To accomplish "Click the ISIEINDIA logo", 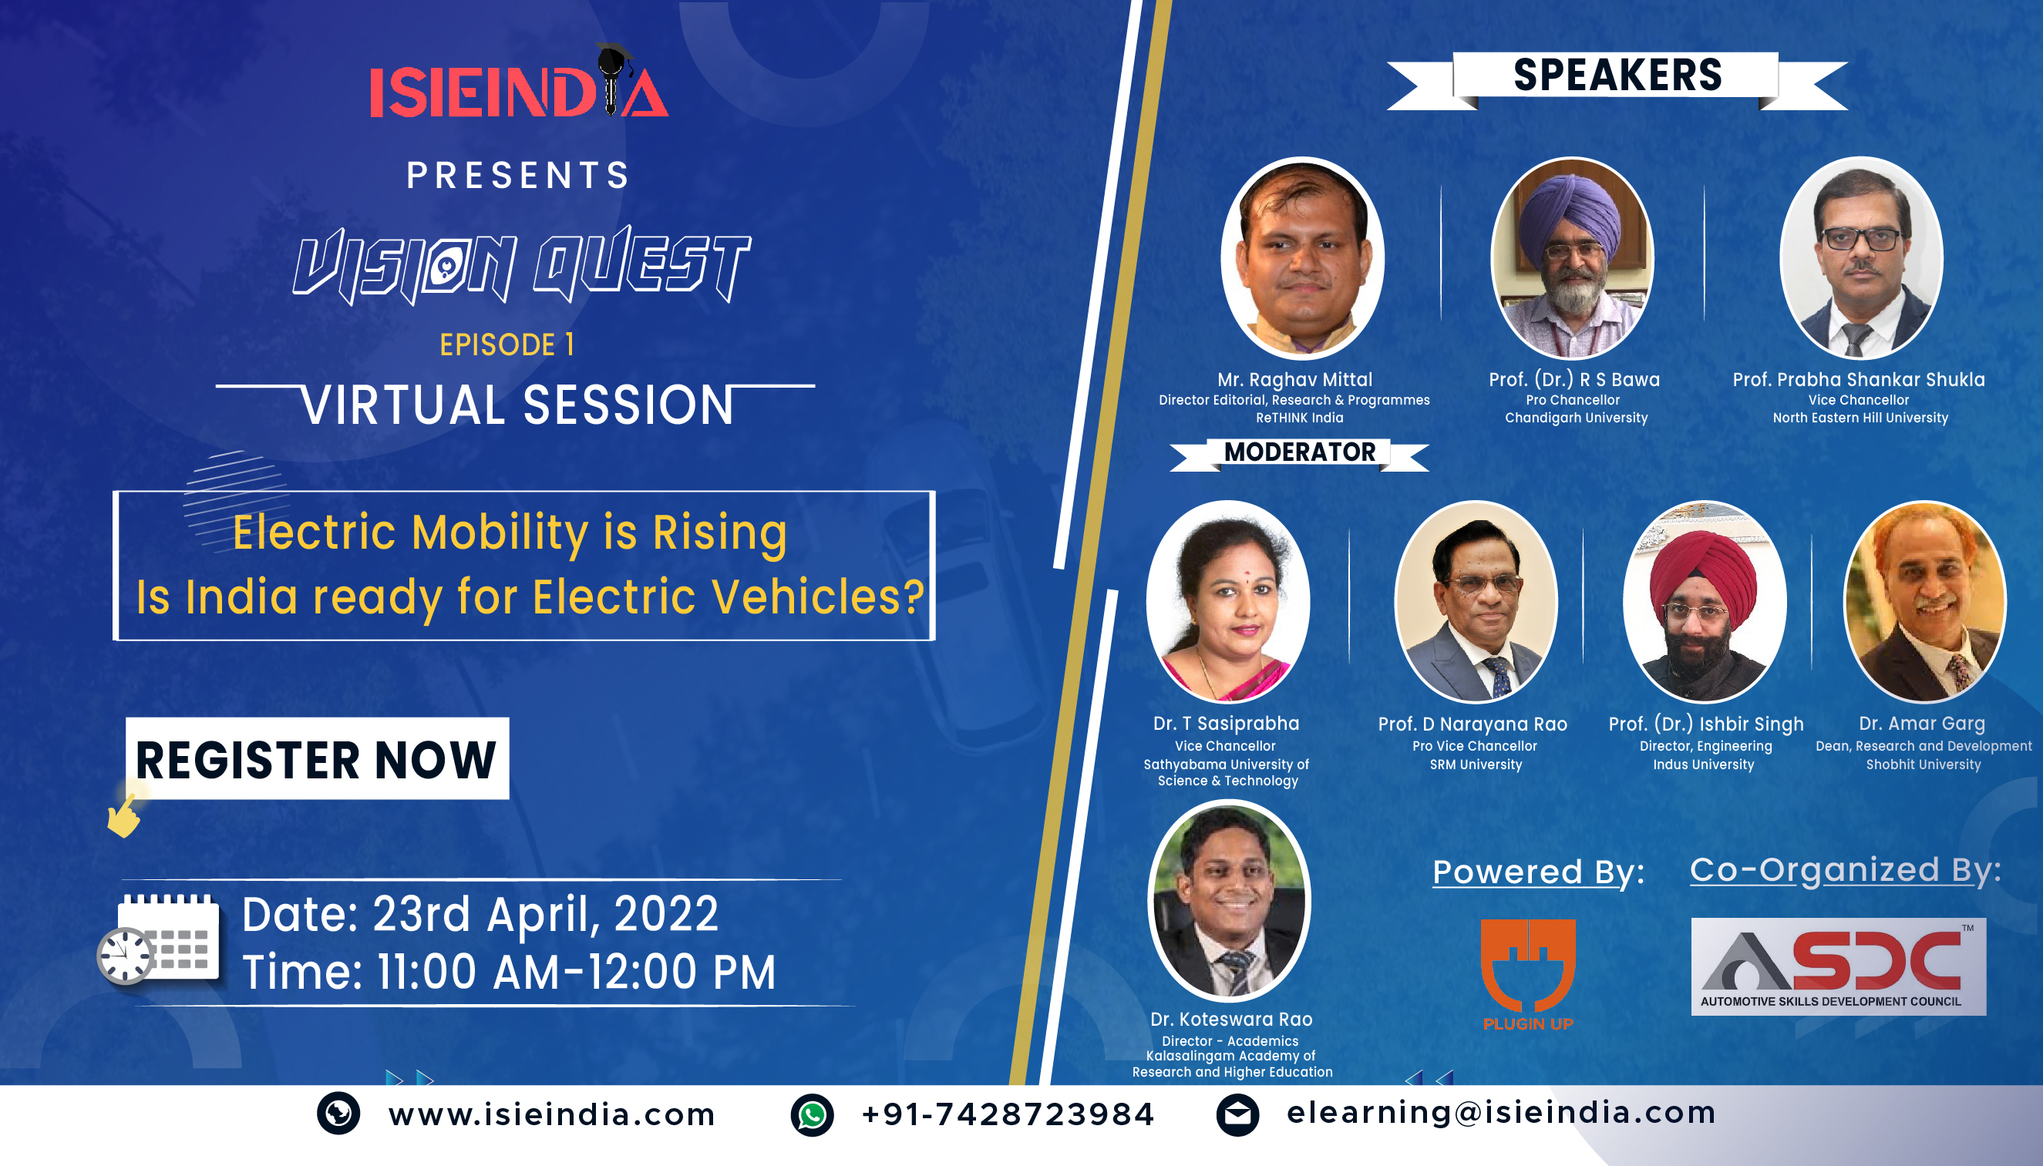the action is coord(518,82).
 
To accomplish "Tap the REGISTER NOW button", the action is coord(317,758).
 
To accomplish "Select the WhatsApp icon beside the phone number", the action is coord(812,1114).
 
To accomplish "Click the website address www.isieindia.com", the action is coord(552,1114).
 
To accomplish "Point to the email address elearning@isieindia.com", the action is coord(1501,1112).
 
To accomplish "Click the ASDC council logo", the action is coord(1838,966).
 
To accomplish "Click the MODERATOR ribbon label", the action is coord(1299,453).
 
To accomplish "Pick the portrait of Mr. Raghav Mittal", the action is coord(1302,258).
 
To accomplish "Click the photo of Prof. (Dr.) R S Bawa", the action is coord(1571,258).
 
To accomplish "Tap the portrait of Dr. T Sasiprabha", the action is coord(1227,601).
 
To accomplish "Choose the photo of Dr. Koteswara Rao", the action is coord(1229,901).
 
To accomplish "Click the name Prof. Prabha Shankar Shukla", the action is coord(1859,380).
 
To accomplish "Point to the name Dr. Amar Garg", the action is coord(1922,723).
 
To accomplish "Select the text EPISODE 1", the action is coord(507,345).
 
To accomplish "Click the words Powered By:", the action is coord(1538,872).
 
